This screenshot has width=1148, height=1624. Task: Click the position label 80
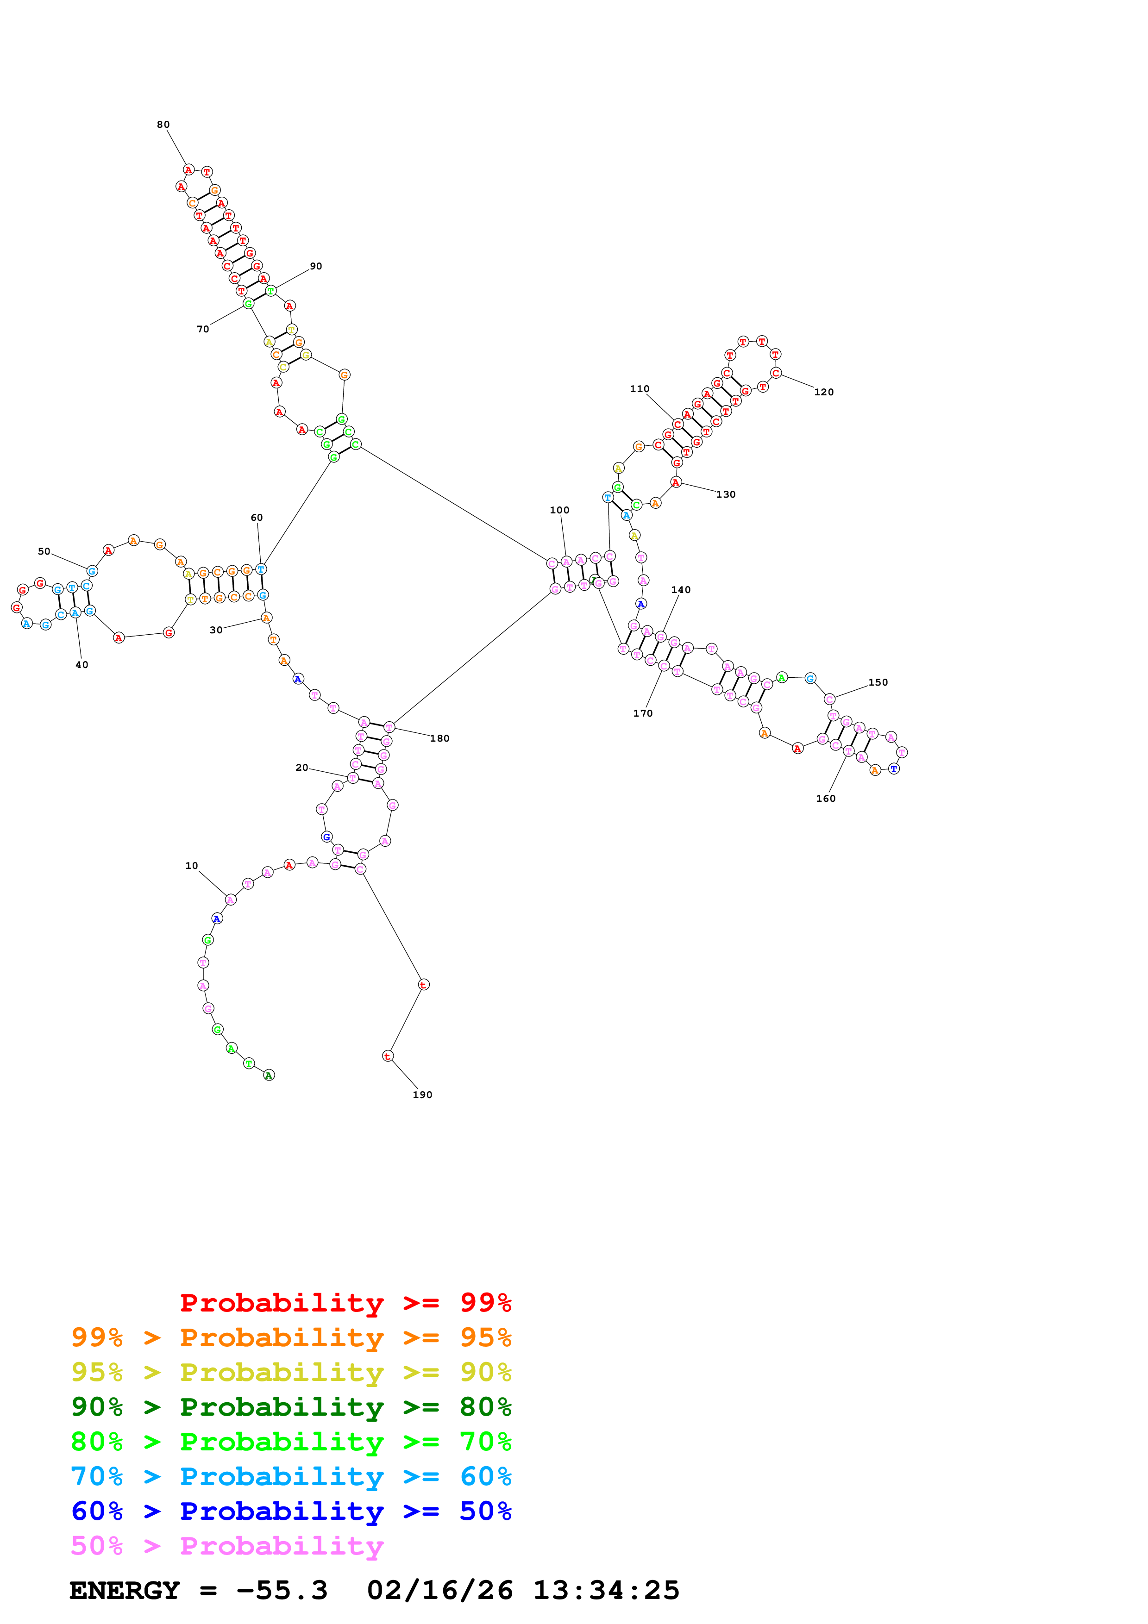163,125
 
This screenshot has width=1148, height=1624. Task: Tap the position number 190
422,1095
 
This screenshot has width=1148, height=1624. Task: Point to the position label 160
825,799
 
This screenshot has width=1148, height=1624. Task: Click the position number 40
82,665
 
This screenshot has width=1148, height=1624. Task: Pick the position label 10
192,866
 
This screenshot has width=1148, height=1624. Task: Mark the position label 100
559,510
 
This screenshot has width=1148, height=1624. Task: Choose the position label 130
726,494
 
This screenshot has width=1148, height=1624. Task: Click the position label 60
257,518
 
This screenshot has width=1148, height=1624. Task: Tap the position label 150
878,682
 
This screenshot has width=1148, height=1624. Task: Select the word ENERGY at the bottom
125,1590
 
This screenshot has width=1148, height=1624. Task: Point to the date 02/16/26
440,1590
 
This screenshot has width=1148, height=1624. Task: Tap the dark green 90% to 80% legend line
291,1407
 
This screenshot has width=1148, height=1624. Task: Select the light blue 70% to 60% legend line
291,1476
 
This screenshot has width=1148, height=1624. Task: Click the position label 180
439,738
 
